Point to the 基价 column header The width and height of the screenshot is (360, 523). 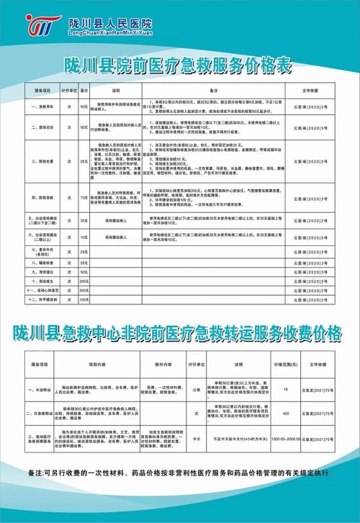click(x=84, y=92)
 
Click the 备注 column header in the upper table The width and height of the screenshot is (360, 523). click(x=214, y=92)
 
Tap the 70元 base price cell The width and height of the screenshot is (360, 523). click(x=84, y=196)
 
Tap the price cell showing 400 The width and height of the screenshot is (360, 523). click(x=285, y=414)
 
